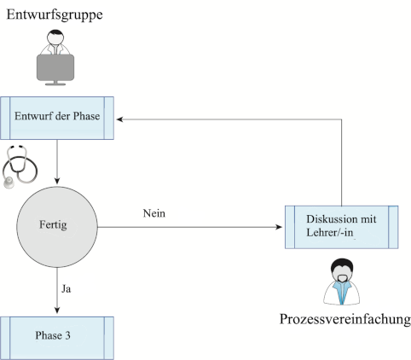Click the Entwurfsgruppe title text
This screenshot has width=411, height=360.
tap(55, 15)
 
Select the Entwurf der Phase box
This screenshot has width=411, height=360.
tap(57, 118)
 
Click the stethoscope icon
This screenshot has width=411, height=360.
tap(20, 166)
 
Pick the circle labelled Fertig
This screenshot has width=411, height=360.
tap(57, 227)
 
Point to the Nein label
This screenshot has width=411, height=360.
tap(154, 213)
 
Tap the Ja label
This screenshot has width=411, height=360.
tap(67, 289)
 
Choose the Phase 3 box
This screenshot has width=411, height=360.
tap(57, 338)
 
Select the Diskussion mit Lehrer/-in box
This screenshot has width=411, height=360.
tap(341, 227)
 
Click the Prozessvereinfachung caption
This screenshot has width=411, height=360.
tap(345, 319)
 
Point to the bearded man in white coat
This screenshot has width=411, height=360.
tap(342, 282)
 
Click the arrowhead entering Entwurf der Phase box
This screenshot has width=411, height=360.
tap(119, 119)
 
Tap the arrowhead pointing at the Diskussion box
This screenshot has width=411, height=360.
tap(279, 227)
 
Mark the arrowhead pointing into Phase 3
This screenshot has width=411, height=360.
tap(57, 311)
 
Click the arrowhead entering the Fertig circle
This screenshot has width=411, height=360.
tap(57, 181)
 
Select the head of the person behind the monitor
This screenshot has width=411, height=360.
tap(55, 37)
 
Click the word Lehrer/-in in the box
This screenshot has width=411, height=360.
tap(330, 233)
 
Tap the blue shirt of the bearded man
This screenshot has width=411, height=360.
tap(341, 292)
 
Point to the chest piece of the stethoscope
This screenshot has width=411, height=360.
tap(9, 183)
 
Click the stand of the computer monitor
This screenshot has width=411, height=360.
tap(55, 83)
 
